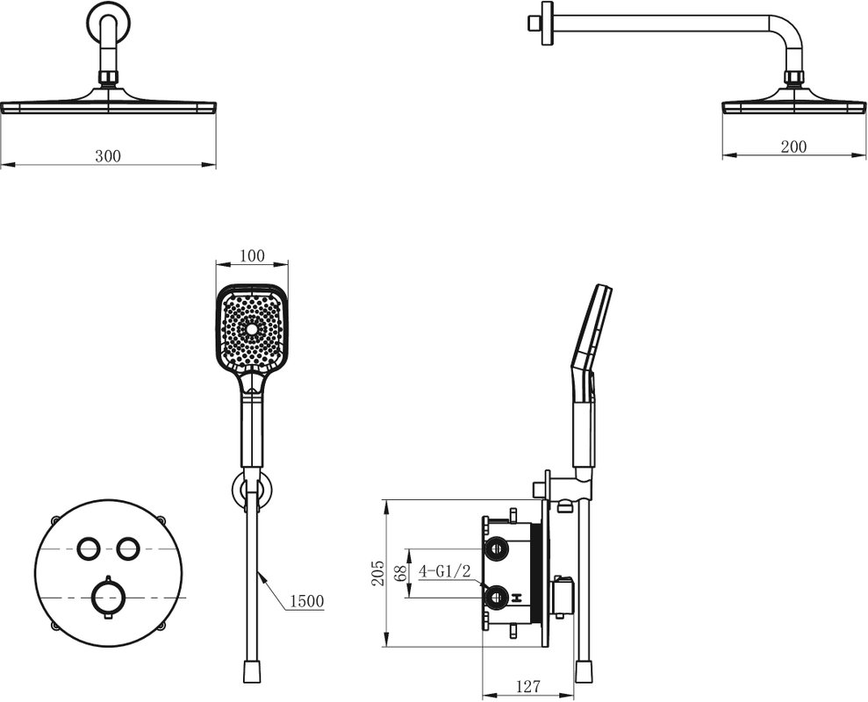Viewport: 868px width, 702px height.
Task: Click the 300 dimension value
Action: [107, 156]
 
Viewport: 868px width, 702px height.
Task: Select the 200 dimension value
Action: [793, 147]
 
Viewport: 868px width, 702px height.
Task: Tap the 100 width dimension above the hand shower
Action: [252, 255]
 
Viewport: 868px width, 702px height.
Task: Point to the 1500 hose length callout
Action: [306, 601]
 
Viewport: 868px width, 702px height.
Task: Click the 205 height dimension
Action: [377, 574]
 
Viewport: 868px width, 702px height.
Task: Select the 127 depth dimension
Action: [527, 686]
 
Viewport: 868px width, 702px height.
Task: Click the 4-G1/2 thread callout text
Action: [444, 570]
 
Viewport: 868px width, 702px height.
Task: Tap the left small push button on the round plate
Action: [88, 548]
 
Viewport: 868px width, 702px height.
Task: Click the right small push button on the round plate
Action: [128, 548]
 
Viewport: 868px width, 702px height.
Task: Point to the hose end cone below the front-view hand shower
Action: [253, 671]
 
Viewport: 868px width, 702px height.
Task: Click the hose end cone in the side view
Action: [583, 671]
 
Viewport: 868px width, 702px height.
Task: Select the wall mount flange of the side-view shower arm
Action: [548, 22]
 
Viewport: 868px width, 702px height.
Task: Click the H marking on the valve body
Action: [518, 598]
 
